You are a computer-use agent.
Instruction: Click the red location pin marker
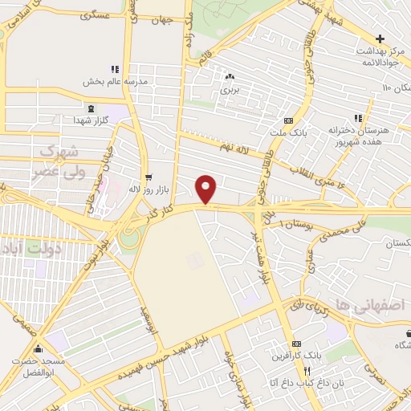[x=207, y=189]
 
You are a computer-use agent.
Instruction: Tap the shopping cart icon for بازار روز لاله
[x=148, y=177]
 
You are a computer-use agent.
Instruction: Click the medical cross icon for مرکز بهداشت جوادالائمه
[x=380, y=39]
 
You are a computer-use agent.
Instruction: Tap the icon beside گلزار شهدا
[x=91, y=108]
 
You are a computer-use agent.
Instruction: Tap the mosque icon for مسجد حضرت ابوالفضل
[x=39, y=348]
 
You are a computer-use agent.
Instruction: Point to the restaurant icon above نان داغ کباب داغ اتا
[x=307, y=369]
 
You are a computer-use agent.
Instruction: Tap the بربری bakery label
[x=230, y=91]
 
